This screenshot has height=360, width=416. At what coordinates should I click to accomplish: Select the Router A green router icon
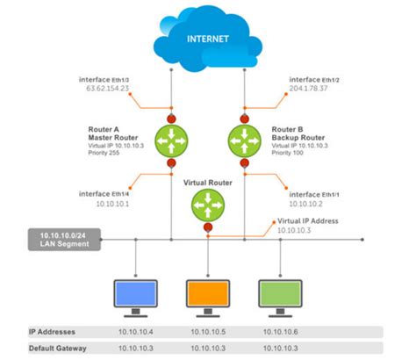(x=170, y=140)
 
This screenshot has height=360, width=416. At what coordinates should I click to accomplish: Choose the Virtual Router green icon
(x=206, y=206)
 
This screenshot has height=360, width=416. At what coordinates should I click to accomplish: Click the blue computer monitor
(x=136, y=292)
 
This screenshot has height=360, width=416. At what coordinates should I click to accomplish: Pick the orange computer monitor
(x=207, y=292)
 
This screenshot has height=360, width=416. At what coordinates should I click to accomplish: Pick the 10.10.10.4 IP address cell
(x=136, y=333)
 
